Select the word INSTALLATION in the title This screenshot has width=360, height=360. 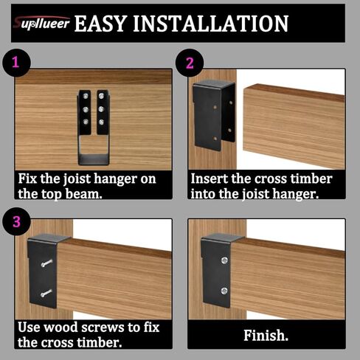coord(214,23)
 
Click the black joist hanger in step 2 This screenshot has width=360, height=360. coord(213,111)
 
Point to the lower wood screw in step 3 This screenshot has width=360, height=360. coord(46,294)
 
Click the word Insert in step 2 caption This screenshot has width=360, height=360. coord(210,179)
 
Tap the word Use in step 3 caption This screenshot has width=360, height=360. coord(31,328)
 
